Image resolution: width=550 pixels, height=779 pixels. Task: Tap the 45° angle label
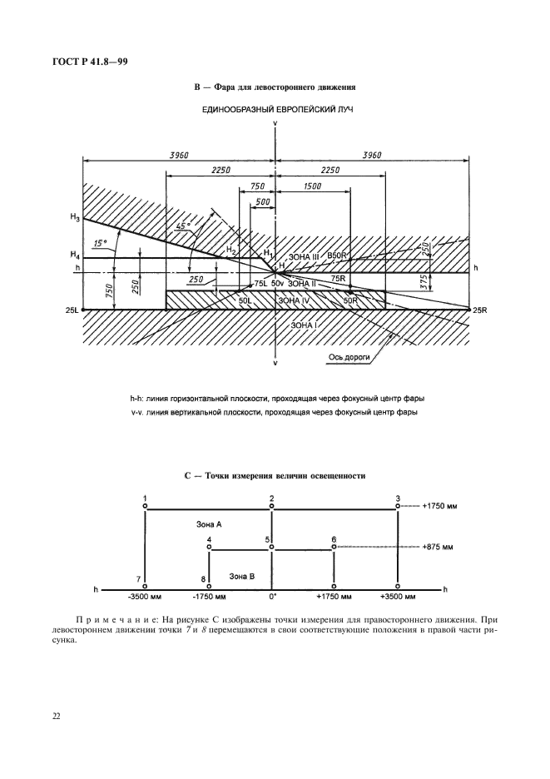point(182,226)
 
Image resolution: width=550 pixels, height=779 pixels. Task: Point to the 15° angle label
point(102,243)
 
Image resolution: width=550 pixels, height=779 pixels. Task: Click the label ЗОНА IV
point(295,299)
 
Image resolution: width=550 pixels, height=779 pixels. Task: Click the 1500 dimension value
point(313,187)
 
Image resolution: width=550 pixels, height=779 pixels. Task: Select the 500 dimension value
point(263,202)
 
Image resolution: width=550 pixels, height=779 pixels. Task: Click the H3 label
point(74,218)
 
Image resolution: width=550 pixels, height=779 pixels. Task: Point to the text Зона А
point(208,525)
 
